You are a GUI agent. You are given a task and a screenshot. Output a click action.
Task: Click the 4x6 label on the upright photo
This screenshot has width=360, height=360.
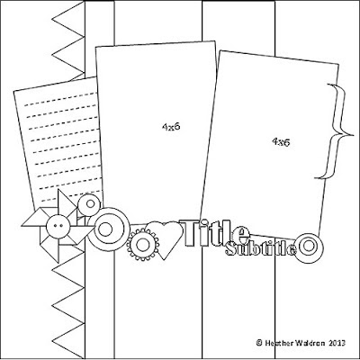pyautogui.click(x=171, y=127)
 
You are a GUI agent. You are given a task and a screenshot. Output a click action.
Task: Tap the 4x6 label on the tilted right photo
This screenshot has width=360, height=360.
pyautogui.click(x=281, y=142)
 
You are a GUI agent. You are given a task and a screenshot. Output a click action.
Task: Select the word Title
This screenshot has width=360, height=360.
pyautogui.click(x=214, y=233)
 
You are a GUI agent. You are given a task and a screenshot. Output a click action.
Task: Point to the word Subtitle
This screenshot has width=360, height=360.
pyautogui.click(x=260, y=249)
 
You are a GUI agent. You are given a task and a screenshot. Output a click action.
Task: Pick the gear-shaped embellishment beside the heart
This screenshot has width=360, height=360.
pyautogui.click(x=142, y=245)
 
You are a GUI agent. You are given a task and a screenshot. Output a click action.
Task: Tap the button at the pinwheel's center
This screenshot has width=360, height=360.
pyautogui.click(x=58, y=227)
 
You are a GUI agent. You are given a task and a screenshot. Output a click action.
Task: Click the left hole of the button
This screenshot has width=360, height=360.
pyautogui.click(x=55, y=225)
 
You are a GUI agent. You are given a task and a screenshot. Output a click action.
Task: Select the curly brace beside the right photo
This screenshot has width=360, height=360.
pyautogui.click(x=338, y=132)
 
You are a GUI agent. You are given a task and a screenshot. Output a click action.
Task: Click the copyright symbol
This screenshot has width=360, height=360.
pyautogui.click(x=259, y=343)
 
